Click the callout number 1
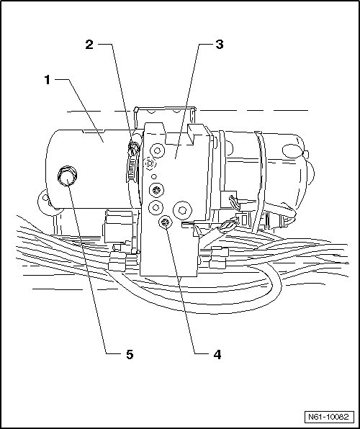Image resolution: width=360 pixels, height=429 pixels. (x=48, y=80)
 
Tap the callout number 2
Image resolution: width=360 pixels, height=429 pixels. (x=89, y=45)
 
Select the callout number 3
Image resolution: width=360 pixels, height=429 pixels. (x=220, y=45)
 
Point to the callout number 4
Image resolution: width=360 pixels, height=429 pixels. (x=217, y=355)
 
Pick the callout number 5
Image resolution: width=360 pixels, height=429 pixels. (x=130, y=355)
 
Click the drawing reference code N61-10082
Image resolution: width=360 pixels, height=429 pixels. (x=329, y=417)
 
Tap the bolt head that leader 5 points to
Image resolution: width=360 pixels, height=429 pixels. (x=67, y=176)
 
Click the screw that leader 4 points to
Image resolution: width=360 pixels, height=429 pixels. (x=166, y=223)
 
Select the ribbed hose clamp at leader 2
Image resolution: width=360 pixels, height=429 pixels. (x=132, y=161)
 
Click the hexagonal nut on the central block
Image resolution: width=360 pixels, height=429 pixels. (x=150, y=163)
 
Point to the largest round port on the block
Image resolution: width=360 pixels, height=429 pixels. (x=182, y=210)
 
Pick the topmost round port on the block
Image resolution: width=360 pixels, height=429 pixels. (x=157, y=150)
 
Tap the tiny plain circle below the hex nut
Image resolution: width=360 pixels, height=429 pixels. (x=154, y=177)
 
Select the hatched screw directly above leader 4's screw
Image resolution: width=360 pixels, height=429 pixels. (x=156, y=190)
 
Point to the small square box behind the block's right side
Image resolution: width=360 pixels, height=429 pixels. (x=228, y=199)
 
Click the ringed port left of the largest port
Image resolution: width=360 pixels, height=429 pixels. (x=156, y=207)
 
